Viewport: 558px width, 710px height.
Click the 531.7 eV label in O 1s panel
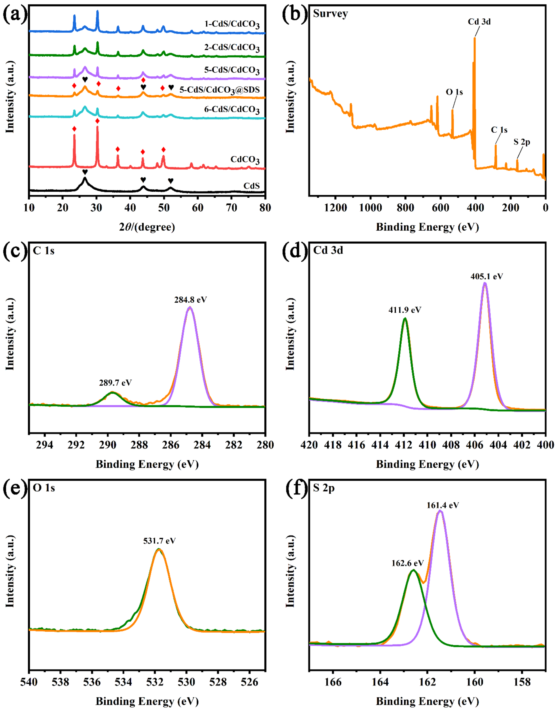[159, 541]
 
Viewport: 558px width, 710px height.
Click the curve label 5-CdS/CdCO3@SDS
[220, 90]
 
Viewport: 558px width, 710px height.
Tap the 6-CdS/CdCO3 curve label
[232, 109]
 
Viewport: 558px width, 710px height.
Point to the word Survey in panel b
[330, 14]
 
